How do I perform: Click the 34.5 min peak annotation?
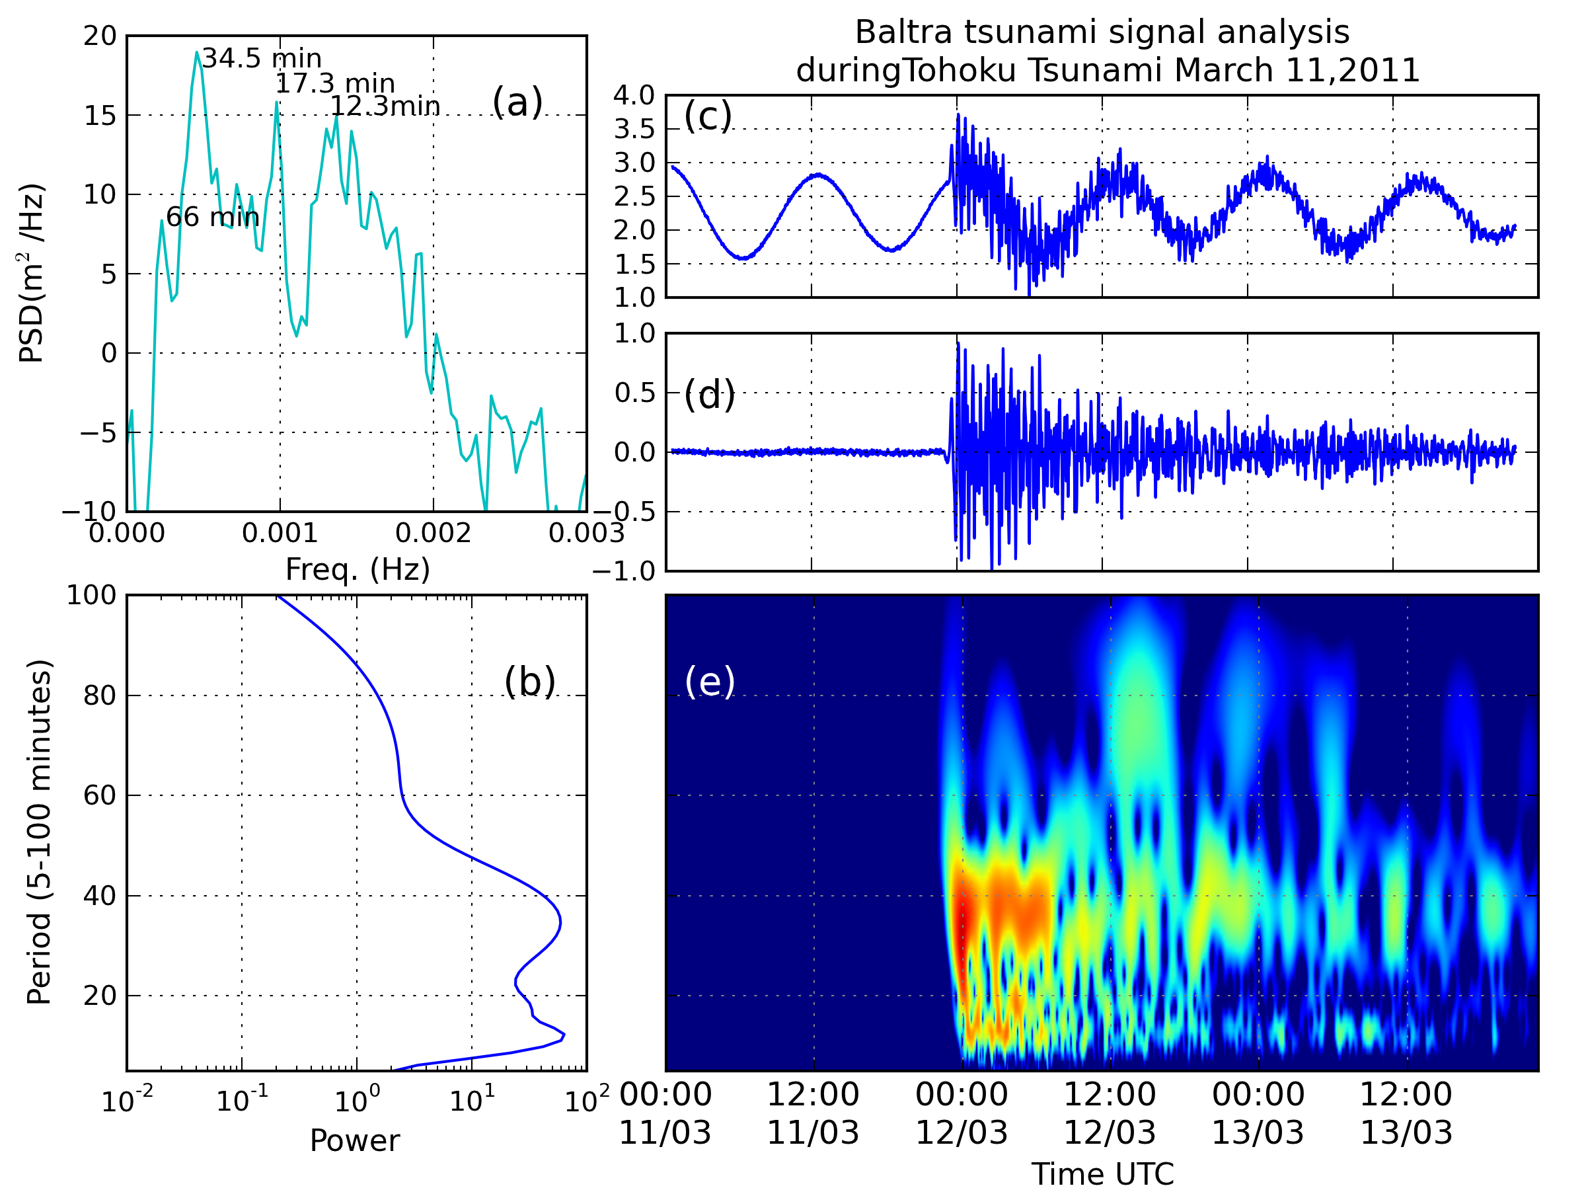(x=261, y=58)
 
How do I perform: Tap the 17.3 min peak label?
(x=335, y=83)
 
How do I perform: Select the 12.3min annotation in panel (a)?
(x=385, y=106)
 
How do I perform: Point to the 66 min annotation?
(x=212, y=217)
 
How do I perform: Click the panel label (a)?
(x=517, y=102)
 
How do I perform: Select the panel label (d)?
(x=709, y=395)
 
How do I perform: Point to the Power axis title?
(x=354, y=1140)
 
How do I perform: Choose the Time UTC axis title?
(x=1102, y=1174)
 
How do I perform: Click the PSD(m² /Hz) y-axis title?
(x=32, y=273)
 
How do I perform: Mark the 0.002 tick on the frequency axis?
(x=433, y=533)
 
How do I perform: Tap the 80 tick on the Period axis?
(x=100, y=695)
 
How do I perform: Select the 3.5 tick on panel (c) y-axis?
(x=634, y=129)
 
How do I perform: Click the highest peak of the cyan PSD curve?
(x=196, y=52)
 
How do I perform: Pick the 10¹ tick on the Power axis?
(x=472, y=1099)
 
